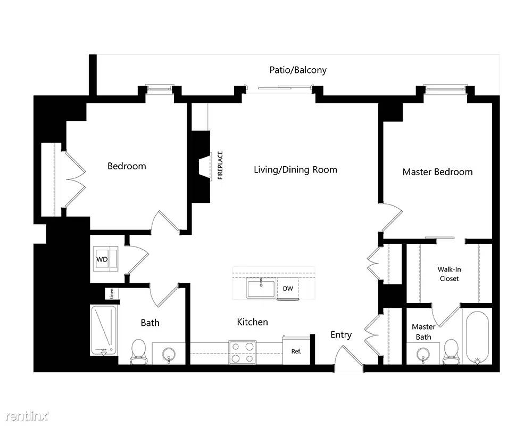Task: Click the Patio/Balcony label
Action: pyautogui.click(x=297, y=70)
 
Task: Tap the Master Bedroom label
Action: pyautogui.click(x=437, y=171)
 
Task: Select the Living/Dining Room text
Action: pyautogui.click(x=295, y=170)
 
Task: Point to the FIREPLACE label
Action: pyautogui.click(x=220, y=166)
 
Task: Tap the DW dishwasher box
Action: pyautogui.click(x=288, y=289)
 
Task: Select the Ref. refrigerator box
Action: pyautogui.click(x=296, y=351)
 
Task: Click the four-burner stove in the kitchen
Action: pyautogui.click(x=243, y=351)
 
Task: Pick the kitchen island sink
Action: pyautogui.click(x=261, y=288)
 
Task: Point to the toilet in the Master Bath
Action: pyautogui.click(x=452, y=351)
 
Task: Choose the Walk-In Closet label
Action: pyautogui.click(x=448, y=274)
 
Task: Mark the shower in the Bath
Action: pyautogui.click(x=104, y=331)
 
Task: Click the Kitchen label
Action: pyautogui.click(x=252, y=322)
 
